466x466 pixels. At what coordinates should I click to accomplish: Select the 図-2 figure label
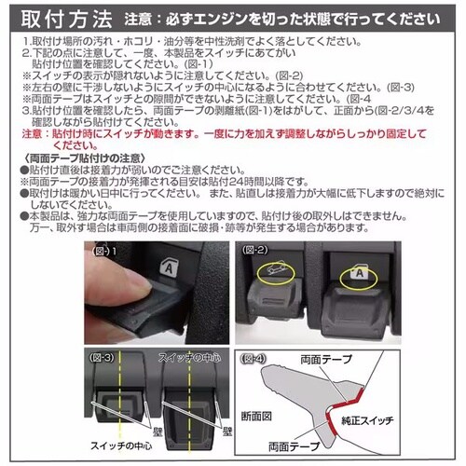point(254,252)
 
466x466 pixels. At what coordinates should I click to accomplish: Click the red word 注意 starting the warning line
point(31,134)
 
